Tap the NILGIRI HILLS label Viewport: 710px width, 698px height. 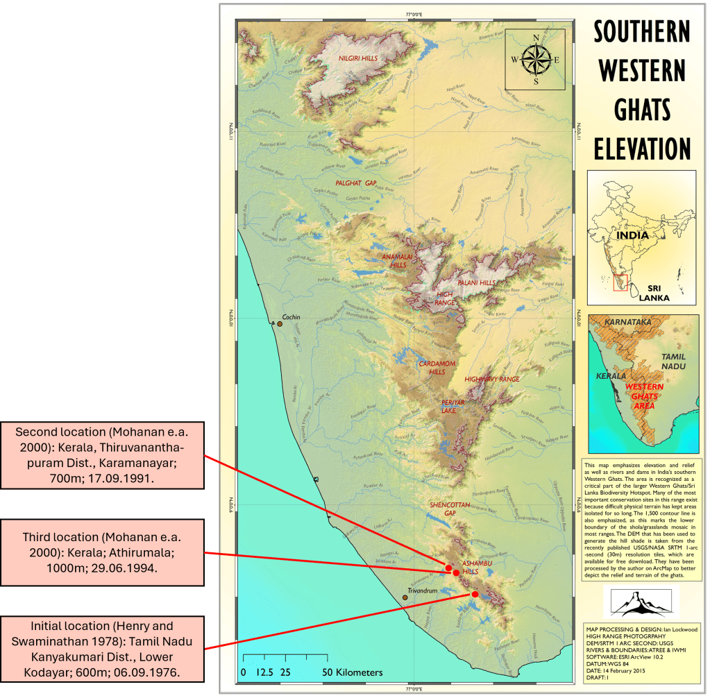(x=358, y=58)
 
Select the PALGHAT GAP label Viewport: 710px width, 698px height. (x=355, y=182)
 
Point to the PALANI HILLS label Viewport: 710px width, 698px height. (x=477, y=282)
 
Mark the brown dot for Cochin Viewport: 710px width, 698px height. (x=280, y=323)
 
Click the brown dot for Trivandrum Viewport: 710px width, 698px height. (x=405, y=597)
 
